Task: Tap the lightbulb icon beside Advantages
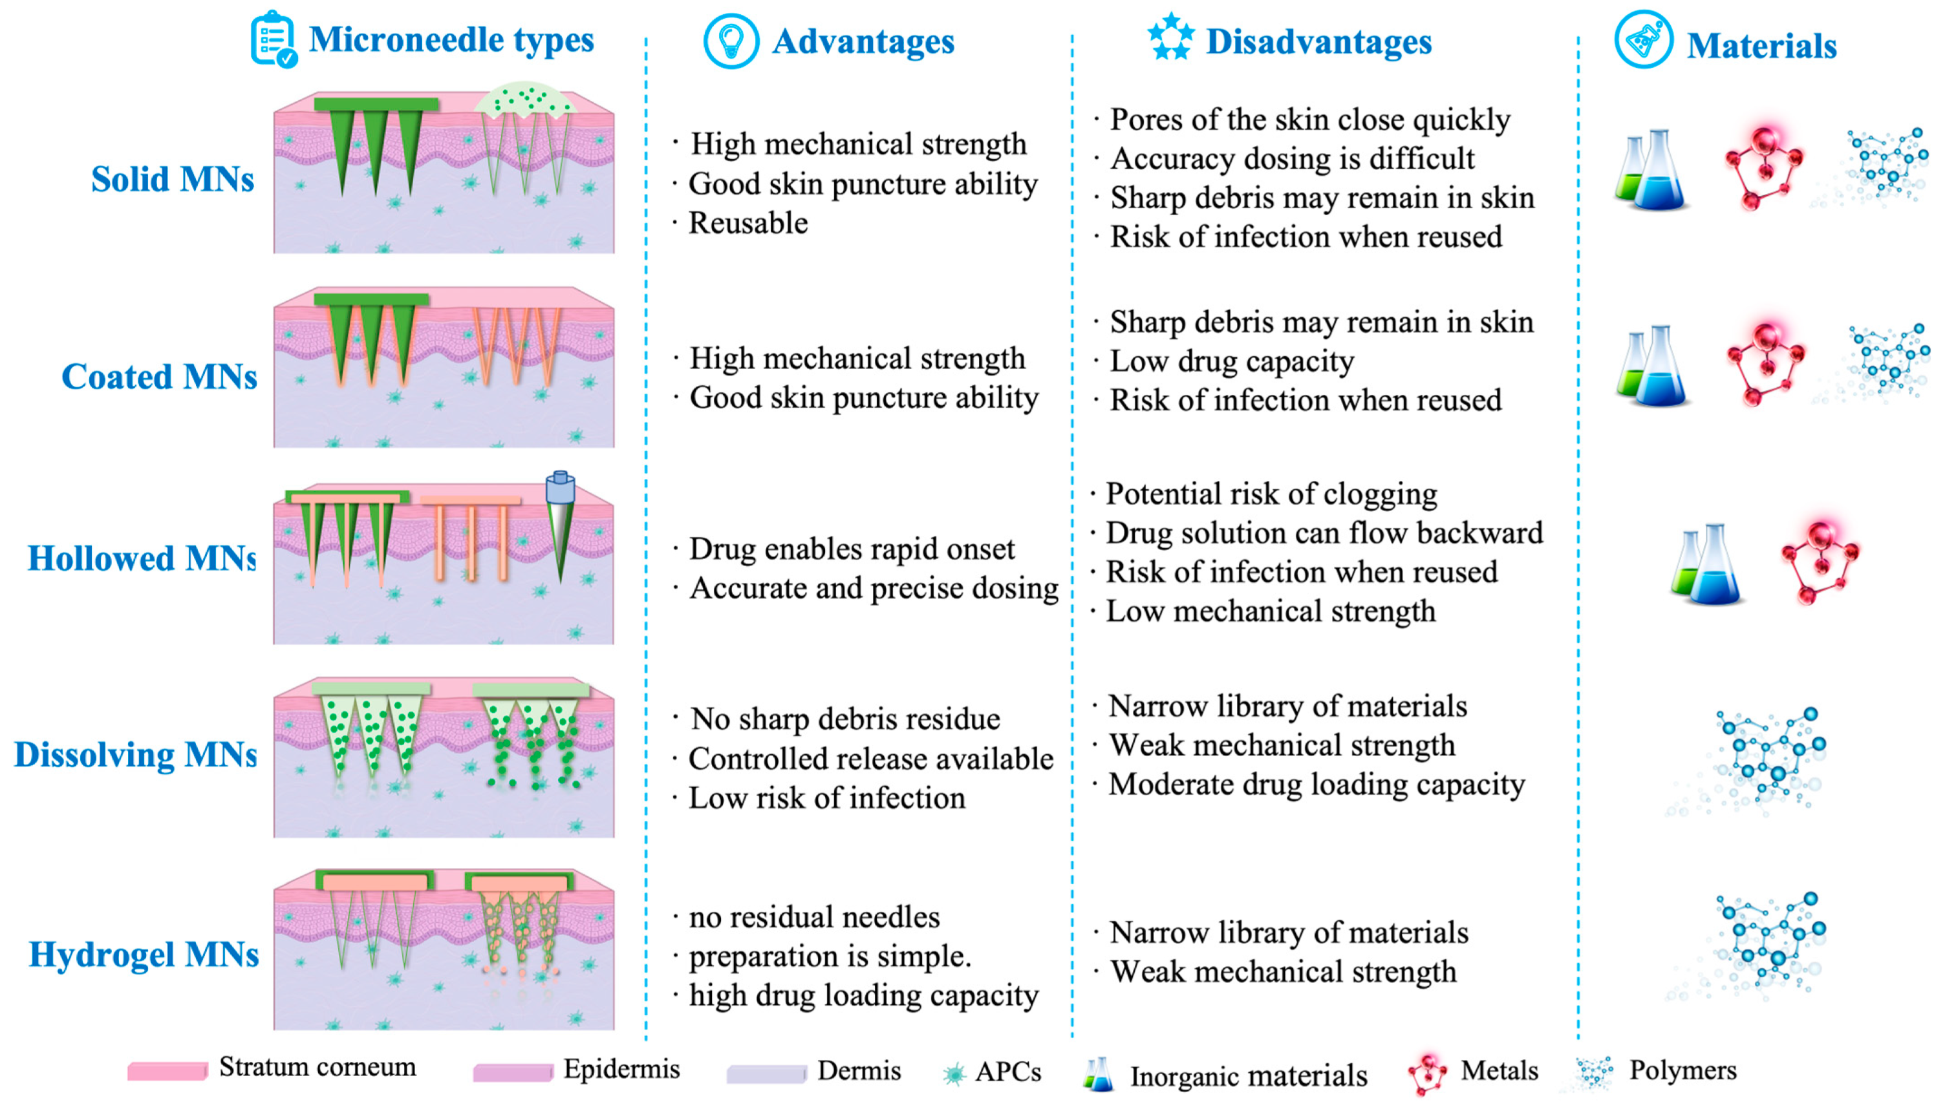730,40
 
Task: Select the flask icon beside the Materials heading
1642,39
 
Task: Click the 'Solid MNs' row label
172,180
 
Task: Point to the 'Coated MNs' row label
159,376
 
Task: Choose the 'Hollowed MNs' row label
142,558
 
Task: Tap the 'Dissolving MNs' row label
136,755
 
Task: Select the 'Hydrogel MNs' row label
144,955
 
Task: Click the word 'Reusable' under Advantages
747,223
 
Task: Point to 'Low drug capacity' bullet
1231,361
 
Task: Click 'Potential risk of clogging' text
1271,494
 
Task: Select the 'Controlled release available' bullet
870,759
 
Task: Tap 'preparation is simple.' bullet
830,956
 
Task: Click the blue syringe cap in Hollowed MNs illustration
560,487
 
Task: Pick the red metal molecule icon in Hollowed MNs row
1820,560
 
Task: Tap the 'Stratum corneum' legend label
317,1067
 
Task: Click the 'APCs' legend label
1007,1072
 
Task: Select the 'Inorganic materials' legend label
1248,1075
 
